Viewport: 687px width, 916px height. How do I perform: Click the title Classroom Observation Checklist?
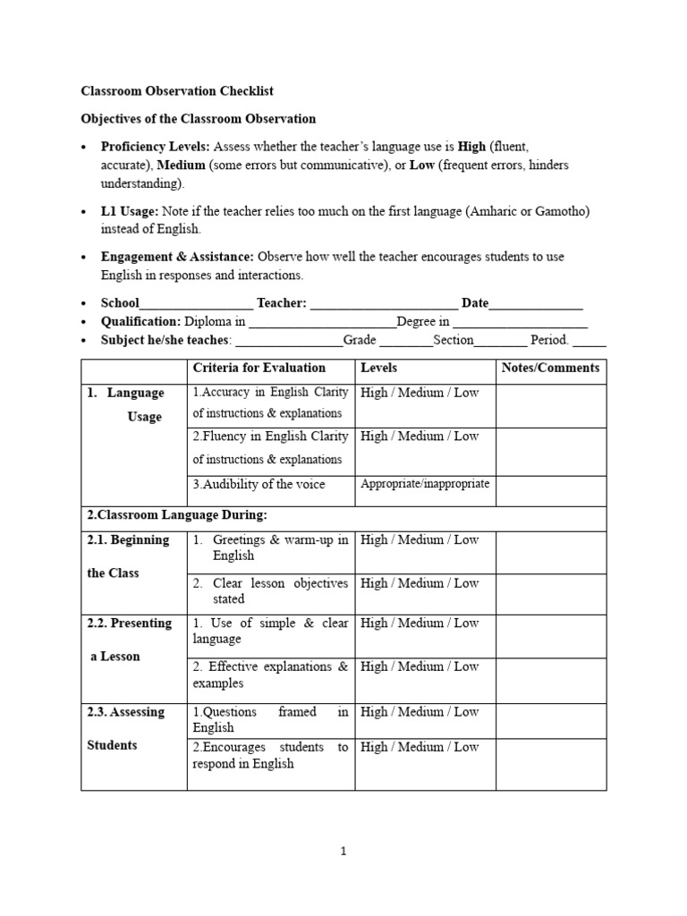point(177,91)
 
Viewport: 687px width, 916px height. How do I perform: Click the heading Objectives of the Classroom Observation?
point(199,118)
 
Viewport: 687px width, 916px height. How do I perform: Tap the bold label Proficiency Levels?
point(156,146)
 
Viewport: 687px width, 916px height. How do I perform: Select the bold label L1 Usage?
point(130,211)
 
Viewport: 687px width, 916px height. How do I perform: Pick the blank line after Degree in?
point(521,322)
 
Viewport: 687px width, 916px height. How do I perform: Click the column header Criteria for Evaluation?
point(259,368)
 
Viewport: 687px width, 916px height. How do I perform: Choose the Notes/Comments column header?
point(550,368)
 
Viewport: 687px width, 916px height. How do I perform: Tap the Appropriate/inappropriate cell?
point(425,484)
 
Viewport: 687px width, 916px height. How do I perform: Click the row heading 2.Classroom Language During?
point(177,515)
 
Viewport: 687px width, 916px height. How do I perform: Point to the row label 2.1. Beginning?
point(128,539)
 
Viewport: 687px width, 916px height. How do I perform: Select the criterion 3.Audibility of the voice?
point(259,484)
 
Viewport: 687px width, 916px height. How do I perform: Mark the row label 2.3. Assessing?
point(126,712)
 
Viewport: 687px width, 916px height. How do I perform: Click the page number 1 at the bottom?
point(344,852)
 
